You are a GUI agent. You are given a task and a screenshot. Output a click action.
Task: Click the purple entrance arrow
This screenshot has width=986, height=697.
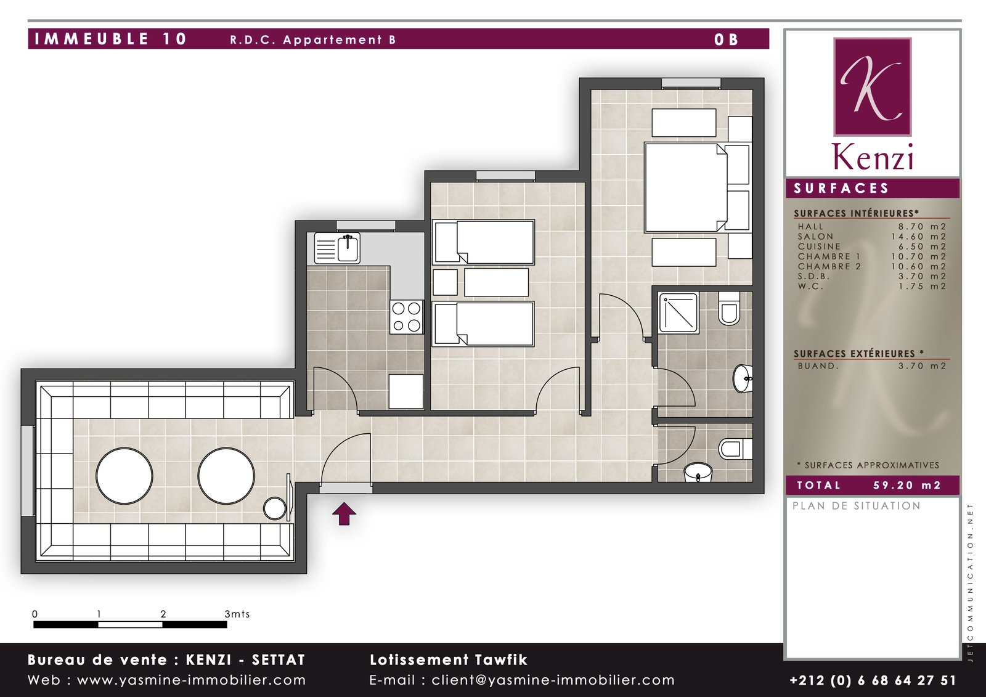coord(344,514)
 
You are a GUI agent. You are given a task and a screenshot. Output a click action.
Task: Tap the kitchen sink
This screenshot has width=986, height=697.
coord(337,248)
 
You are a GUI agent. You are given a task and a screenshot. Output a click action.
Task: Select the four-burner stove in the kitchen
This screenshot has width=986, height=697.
coord(406,317)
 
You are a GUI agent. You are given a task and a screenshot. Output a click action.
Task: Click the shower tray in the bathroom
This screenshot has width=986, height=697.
coord(678,312)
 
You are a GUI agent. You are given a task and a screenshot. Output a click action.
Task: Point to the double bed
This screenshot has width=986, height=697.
coord(685,187)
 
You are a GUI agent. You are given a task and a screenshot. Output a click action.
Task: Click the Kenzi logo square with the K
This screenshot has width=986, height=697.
coord(873,87)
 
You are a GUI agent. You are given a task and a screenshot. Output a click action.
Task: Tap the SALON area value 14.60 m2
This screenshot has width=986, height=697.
coord(919,237)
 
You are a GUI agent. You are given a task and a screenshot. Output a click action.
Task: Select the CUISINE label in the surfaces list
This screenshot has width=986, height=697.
coord(819,247)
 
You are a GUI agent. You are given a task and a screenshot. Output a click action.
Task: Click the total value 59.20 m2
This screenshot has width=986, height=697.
coord(907,485)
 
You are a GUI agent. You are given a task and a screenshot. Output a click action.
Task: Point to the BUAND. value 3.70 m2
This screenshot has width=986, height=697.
coord(922,366)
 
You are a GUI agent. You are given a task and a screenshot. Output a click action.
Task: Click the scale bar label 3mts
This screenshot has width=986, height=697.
coord(237,614)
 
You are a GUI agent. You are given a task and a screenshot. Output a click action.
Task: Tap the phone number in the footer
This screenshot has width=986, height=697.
coord(873,680)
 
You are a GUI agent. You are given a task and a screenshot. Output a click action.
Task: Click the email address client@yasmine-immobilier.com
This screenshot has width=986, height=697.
coord(553,680)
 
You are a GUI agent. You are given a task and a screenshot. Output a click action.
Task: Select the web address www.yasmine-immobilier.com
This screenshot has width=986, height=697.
coord(192,680)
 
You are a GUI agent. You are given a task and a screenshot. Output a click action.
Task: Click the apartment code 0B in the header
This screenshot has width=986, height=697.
coord(727,39)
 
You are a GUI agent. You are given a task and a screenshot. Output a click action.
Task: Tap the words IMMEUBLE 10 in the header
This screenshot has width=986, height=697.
coord(111,39)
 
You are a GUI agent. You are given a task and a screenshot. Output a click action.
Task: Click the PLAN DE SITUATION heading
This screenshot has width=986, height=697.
coord(857,506)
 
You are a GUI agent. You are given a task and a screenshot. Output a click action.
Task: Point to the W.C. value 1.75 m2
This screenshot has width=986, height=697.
coord(922,286)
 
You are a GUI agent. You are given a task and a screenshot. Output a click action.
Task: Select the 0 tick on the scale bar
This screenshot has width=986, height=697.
coord(35,614)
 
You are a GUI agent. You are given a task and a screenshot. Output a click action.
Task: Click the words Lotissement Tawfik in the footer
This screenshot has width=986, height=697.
coord(449,659)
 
